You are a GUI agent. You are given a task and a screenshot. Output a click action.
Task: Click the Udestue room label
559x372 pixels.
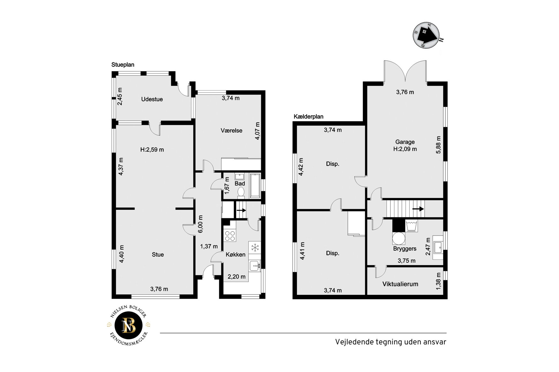(152, 99)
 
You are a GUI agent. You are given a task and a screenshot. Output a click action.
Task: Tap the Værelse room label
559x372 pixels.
(231, 130)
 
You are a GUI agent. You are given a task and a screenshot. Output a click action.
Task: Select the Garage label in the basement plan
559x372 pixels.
(405, 142)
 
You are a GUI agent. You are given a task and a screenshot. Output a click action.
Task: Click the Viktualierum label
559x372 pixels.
(400, 284)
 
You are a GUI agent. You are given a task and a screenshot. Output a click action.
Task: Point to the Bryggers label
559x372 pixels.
(405, 249)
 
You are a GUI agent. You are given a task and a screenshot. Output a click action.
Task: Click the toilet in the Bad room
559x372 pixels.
(241, 192)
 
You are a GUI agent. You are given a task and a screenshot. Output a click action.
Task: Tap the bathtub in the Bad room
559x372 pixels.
(255, 186)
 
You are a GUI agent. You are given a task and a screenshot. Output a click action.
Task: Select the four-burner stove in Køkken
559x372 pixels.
(230, 236)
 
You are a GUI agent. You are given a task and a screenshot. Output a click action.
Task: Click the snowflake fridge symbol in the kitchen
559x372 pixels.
(255, 247)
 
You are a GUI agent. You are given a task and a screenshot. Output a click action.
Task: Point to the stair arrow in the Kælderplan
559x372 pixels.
(418, 209)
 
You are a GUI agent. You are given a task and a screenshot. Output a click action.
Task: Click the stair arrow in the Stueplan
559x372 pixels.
(241, 210)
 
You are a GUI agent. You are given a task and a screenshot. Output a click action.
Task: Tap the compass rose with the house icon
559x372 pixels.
(427, 35)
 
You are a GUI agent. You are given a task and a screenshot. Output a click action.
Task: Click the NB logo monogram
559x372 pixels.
(129, 325)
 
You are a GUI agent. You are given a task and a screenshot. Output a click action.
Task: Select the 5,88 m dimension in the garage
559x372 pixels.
(438, 145)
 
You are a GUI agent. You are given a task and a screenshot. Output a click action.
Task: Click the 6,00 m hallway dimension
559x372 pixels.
(200, 224)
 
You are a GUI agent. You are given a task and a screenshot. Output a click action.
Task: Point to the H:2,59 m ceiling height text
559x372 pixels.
(152, 150)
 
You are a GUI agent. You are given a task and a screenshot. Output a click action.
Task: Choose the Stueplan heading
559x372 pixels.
(123, 65)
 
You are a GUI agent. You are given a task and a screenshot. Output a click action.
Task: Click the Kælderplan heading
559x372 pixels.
(308, 117)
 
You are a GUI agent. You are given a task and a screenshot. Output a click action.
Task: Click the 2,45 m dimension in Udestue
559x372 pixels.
(119, 97)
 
